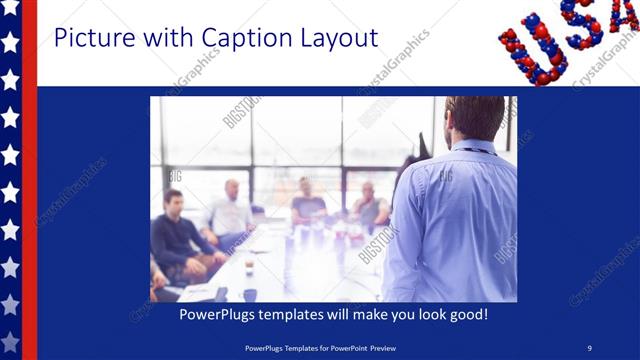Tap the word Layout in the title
(335, 39)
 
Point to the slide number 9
(590, 348)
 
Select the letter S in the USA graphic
(582, 22)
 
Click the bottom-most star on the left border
(10, 339)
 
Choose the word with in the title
(169, 39)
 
